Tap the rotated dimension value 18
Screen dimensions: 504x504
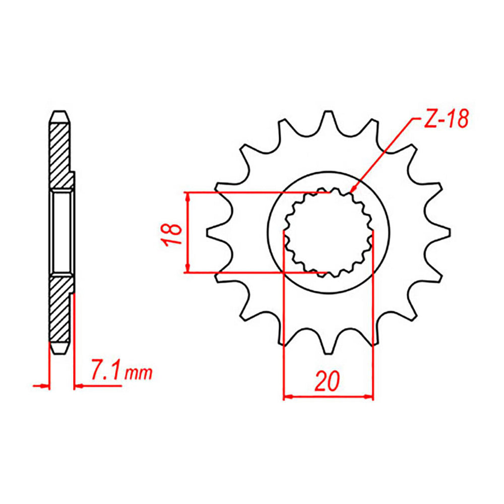click(173, 233)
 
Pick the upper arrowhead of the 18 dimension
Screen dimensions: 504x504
click(188, 196)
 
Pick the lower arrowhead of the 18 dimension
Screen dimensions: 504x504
click(188, 269)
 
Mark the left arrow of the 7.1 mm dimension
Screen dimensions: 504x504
click(45, 387)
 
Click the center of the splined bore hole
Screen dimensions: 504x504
click(328, 232)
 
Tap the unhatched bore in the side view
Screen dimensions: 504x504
click(62, 232)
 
